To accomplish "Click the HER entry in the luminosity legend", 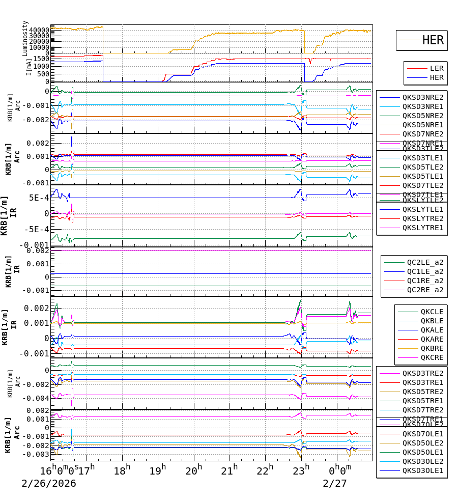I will pyautogui.click(x=433, y=40).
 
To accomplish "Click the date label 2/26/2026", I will pyautogui.click(x=49, y=483).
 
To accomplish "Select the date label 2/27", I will pyautogui.click(x=334, y=483).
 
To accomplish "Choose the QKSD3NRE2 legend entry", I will pyautogui.click(x=422, y=97).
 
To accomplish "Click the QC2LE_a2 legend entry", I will pyautogui.click(x=424, y=263).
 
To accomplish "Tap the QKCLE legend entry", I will pyautogui.click(x=431, y=312).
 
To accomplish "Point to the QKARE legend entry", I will pyautogui.click(x=431, y=339).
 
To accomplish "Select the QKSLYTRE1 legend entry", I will pyautogui.click(x=422, y=228).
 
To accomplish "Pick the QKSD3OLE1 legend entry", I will pyautogui.click(x=422, y=470).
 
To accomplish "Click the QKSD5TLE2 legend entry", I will pyautogui.click(x=422, y=167).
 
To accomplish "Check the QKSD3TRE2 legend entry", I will pyautogui.click(x=422, y=373).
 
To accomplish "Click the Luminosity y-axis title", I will pyautogui.click(x=25, y=38).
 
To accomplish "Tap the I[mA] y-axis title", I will pyautogui.click(x=29, y=66).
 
